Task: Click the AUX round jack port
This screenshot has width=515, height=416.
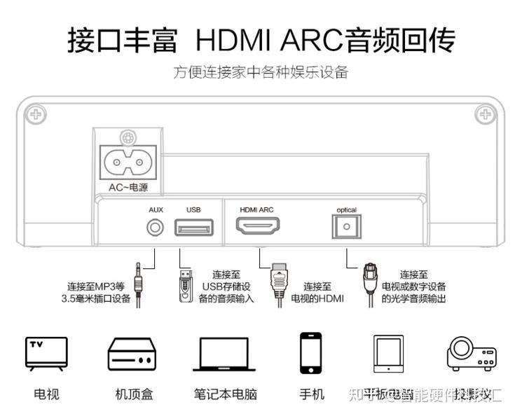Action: point(155,227)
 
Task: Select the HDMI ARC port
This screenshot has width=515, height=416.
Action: point(257,227)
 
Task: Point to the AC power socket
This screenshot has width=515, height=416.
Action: point(127,163)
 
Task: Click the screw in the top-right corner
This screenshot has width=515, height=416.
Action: point(483,113)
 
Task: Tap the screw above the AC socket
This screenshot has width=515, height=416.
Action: point(127,138)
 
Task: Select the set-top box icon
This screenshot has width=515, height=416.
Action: point(130,354)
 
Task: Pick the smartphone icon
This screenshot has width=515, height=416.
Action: point(310,353)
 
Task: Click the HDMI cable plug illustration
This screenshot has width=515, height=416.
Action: point(278,286)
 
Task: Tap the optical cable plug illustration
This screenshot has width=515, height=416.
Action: point(369,286)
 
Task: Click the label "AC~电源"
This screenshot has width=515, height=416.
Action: point(128,188)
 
